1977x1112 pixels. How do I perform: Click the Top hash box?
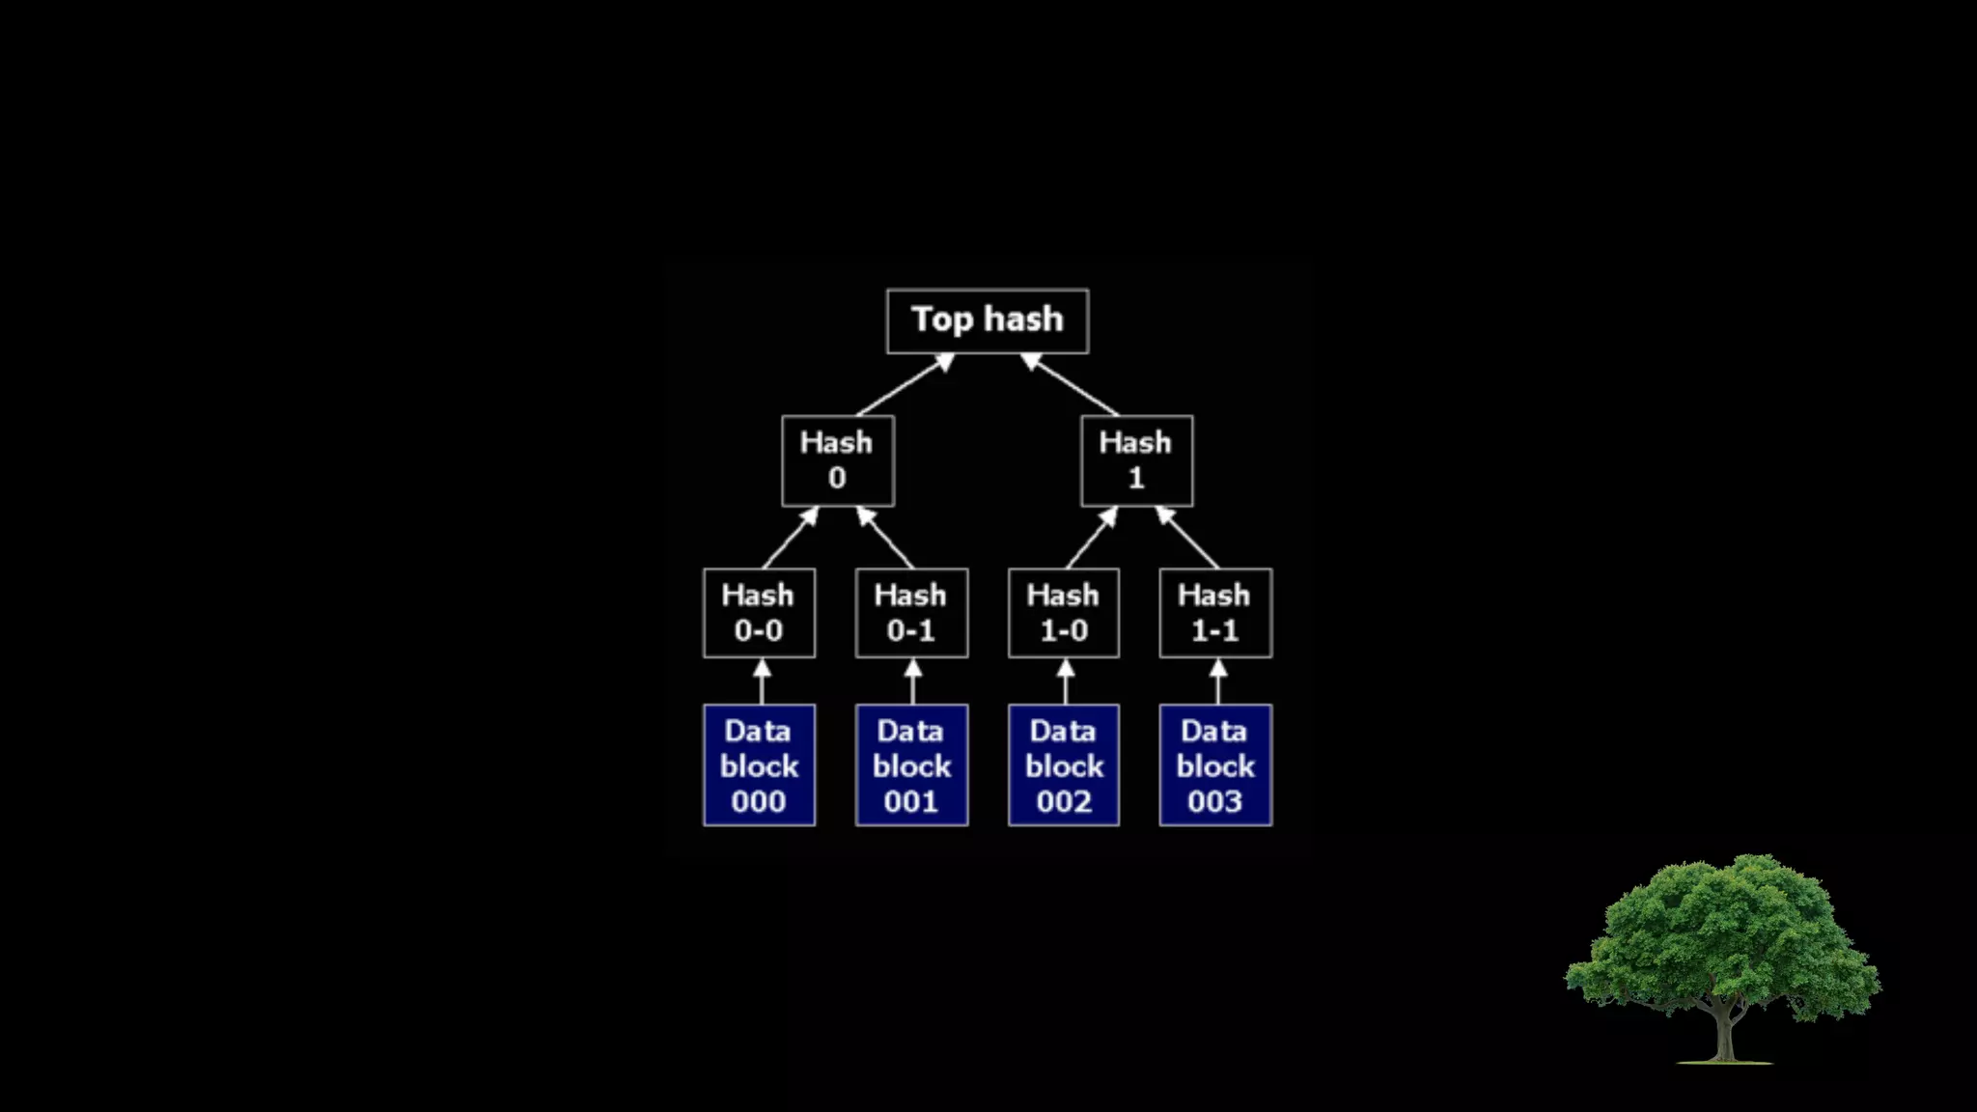988,320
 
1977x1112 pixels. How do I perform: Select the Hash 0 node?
837,460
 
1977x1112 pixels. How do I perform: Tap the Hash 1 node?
1136,460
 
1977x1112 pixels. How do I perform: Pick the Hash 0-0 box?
759,613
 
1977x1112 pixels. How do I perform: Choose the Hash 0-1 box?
911,613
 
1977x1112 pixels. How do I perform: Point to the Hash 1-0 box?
1064,613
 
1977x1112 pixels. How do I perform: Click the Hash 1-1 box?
1215,613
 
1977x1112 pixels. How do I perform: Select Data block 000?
759,765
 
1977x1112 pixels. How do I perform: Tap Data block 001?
911,765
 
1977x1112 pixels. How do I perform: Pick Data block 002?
1064,765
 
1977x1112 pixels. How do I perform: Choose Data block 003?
1215,765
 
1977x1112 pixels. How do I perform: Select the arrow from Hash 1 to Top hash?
1071,385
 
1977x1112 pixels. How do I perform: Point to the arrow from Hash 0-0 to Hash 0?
790,539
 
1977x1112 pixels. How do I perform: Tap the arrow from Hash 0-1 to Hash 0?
885,539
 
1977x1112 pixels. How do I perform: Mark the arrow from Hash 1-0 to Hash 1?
1091,539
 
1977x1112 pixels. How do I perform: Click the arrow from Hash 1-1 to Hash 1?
1188,539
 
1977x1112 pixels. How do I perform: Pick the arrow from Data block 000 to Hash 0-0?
762,682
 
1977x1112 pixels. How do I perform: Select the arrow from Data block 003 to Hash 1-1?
1218,682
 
